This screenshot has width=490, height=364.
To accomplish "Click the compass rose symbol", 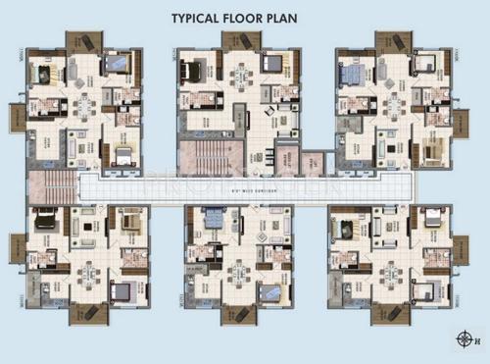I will pos(463,339).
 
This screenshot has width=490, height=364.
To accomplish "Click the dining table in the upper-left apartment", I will pos(85,103).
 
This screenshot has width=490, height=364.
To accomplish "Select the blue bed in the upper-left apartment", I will pos(117,64).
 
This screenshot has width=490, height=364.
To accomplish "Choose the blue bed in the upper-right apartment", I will pos(351,73).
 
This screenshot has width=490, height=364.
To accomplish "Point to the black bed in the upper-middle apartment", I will pos(196,72).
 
